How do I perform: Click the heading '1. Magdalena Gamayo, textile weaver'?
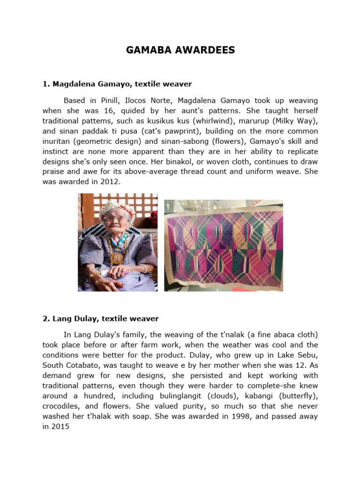[x=117, y=84]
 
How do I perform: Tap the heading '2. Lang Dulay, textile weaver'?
[x=101, y=318]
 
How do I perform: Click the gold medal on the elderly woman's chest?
[x=116, y=258]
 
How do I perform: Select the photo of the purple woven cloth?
[x=223, y=245]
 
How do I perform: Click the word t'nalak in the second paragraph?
[x=235, y=334]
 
